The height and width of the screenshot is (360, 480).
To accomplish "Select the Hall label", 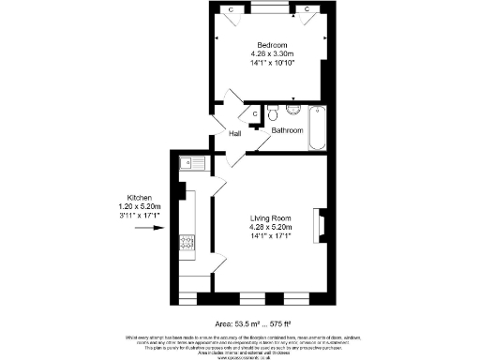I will pyautogui.click(x=236, y=134).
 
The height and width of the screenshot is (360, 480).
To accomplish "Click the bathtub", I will pyautogui.click(x=316, y=129).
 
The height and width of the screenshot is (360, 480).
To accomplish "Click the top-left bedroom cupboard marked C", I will pyautogui.click(x=231, y=9).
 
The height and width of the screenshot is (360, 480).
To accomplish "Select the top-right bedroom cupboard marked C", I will pyautogui.click(x=307, y=9).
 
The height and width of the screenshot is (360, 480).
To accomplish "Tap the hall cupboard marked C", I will pyautogui.click(x=254, y=114).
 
